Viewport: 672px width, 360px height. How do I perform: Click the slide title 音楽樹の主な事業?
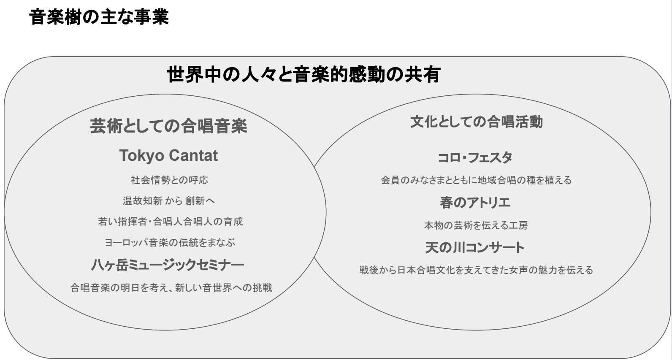tap(99, 17)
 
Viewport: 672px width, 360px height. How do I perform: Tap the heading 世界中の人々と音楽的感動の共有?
tap(303, 74)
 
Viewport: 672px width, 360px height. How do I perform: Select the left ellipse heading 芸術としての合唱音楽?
tap(168, 126)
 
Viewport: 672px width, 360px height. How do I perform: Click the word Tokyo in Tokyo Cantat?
tap(142, 155)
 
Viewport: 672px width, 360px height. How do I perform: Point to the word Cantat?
tap(193, 155)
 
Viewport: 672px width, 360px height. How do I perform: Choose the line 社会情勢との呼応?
tap(169, 180)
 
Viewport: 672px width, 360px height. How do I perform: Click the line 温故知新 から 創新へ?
tap(169, 201)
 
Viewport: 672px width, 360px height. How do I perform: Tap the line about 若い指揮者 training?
tap(171, 222)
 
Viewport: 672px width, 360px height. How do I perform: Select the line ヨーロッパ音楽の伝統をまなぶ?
tap(170, 242)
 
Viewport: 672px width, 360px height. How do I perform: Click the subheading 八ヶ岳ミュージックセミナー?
tap(168, 265)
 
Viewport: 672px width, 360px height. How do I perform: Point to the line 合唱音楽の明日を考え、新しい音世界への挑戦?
tap(171, 288)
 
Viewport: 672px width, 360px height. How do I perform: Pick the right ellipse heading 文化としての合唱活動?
tap(477, 122)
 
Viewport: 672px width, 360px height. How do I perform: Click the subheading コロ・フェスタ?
tap(475, 157)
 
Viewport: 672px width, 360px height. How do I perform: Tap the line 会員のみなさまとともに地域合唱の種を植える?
tap(477, 180)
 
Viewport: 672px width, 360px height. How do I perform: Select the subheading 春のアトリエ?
tap(475, 203)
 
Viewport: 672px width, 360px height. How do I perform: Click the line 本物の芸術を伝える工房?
tap(476, 225)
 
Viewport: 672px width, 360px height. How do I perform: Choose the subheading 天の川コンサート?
tap(475, 247)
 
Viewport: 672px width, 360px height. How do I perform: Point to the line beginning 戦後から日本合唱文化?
tap(477, 270)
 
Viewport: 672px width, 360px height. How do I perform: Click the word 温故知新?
tap(143, 201)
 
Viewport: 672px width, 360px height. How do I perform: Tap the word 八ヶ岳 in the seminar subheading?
tap(110, 265)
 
